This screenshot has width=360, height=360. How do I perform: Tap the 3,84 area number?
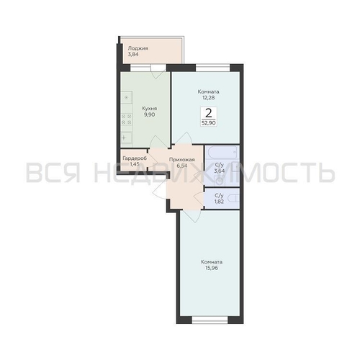coord(133,55)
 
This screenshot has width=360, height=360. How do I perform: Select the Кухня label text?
coord(150,109)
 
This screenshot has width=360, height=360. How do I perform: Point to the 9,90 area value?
coord(149,114)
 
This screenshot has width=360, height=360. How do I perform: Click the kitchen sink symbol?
coord(126,138)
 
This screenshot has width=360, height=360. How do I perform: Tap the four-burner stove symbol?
coord(126,120)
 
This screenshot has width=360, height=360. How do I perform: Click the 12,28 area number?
coord(208,98)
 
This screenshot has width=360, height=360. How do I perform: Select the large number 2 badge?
coord(209,113)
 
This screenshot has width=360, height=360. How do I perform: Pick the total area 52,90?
coord(209,123)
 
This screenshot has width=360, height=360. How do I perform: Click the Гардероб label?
coord(135,158)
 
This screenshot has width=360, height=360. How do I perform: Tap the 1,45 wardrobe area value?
coord(135,165)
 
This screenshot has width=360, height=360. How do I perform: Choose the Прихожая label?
coord(181,160)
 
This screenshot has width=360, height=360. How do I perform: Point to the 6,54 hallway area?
coord(182,166)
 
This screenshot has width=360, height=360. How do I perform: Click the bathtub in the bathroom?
coord(222,152)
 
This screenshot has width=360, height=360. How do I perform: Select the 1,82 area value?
coord(220,202)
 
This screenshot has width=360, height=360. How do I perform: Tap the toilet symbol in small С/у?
coord(233,198)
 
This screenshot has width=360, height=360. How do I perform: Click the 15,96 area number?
coord(212,268)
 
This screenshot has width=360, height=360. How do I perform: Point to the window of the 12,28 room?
coord(213,68)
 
